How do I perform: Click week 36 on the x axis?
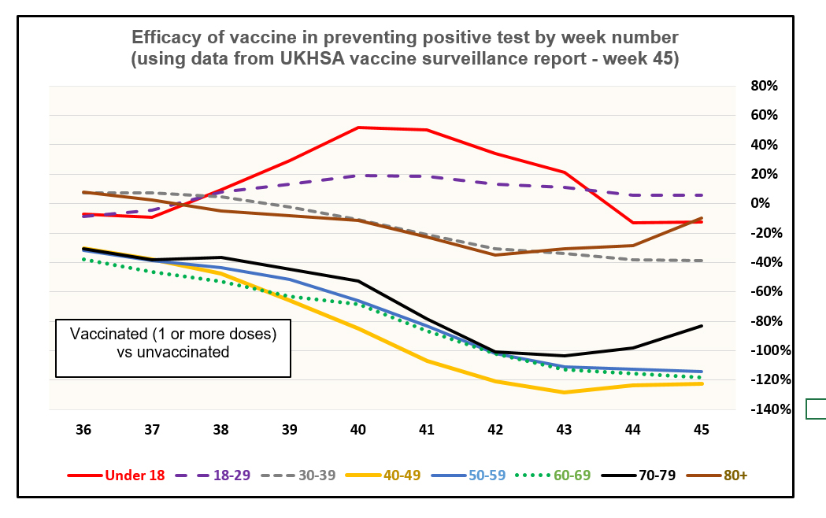pos(83,430)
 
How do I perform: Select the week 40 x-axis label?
pos(358,430)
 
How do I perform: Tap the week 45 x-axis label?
pos(701,430)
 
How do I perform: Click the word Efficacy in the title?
pos(164,37)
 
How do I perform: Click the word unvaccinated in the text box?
pos(183,353)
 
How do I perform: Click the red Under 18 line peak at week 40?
pos(358,127)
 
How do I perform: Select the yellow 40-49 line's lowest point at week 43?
pos(564,392)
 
